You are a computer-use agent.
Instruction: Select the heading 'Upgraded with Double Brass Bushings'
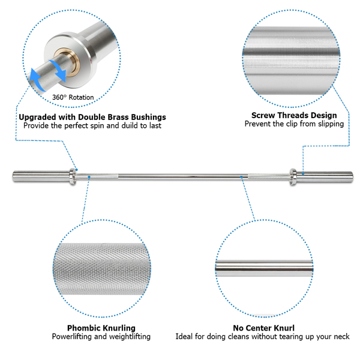coord(92,117)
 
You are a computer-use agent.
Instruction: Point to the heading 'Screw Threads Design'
coord(293,115)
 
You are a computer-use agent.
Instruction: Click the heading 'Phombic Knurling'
coord(101,328)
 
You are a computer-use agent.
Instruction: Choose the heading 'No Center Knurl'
coord(263,328)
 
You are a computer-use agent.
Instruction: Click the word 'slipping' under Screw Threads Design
coord(329,124)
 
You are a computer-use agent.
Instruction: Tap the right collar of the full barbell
coord(292,175)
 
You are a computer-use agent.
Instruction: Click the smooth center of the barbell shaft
coord(180,176)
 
